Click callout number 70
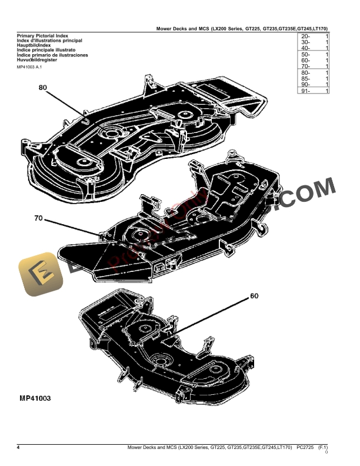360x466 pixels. [39, 218]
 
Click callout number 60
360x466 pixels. [254, 296]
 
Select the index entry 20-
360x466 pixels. [305, 36]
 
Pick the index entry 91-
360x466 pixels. [305, 91]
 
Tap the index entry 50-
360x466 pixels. [305, 55]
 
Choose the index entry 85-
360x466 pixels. [305, 79]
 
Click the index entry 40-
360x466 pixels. [305, 48]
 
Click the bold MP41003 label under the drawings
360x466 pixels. [31, 398]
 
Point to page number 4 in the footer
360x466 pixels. [18, 448]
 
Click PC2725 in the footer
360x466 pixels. [305, 448]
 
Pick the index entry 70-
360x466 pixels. [305, 66]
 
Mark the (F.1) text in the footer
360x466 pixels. [322, 448]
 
